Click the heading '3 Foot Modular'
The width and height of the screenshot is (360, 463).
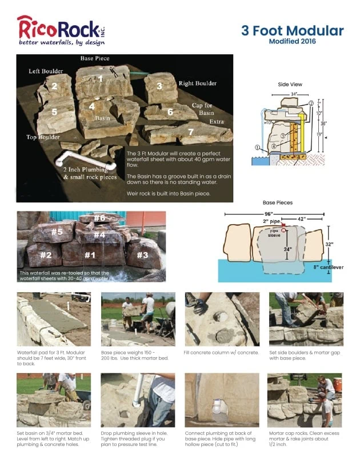[x=292, y=30]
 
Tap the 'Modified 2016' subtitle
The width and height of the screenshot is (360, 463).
[x=292, y=41]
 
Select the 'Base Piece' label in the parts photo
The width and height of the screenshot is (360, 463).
[x=94, y=59]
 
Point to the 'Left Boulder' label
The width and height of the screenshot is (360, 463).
[x=46, y=71]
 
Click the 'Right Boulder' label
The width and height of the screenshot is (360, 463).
[x=198, y=83]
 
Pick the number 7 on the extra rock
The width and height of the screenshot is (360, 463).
[x=191, y=131]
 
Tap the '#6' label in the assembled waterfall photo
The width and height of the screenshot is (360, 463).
[x=99, y=218]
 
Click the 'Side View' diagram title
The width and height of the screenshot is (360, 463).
[x=290, y=84]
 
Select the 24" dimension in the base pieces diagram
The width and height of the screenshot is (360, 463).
[x=288, y=249]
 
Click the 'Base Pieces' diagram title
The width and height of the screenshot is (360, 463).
[x=277, y=202]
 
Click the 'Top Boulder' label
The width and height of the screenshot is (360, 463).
[x=43, y=137]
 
